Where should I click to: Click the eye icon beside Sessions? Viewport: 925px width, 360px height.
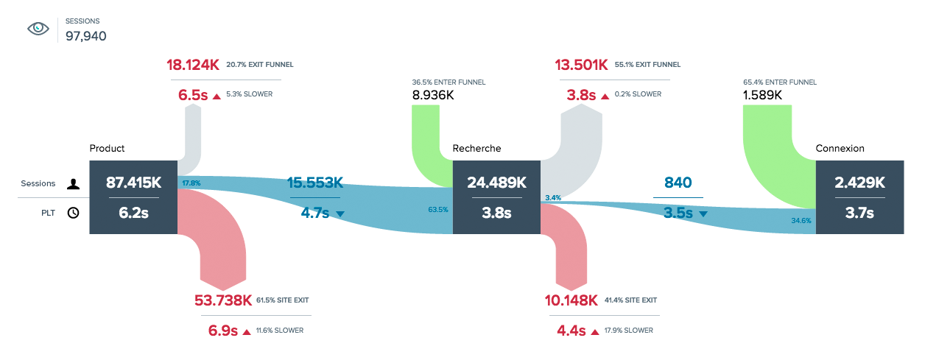click(x=38, y=29)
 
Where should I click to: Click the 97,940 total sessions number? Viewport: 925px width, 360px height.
click(x=86, y=35)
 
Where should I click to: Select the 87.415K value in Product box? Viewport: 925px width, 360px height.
click(x=133, y=183)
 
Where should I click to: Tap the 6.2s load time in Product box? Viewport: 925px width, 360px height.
click(x=133, y=213)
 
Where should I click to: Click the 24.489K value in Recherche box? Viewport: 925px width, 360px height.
click(x=497, y=183)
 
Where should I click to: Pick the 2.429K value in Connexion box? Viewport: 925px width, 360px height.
click(x=859, y=183)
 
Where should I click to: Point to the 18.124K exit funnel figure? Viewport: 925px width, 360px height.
click(x=194, y=65)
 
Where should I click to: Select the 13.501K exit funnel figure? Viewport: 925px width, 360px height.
click(x=582, y=65)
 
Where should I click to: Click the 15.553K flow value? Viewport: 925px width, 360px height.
click(x=315, y=183)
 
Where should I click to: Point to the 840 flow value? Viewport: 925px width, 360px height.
click(x=677, y=183)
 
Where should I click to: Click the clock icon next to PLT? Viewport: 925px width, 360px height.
click(x=73, y=213)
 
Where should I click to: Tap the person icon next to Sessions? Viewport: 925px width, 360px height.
click(x=73, y=184)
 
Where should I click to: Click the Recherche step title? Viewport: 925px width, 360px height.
click(x=476, y=149)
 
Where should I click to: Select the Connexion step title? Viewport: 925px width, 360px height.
click(x=840, y=149)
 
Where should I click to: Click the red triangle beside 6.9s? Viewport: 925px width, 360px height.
click(x=247, y=331)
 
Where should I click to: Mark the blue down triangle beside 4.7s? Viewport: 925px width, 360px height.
click(x=340, y=214)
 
